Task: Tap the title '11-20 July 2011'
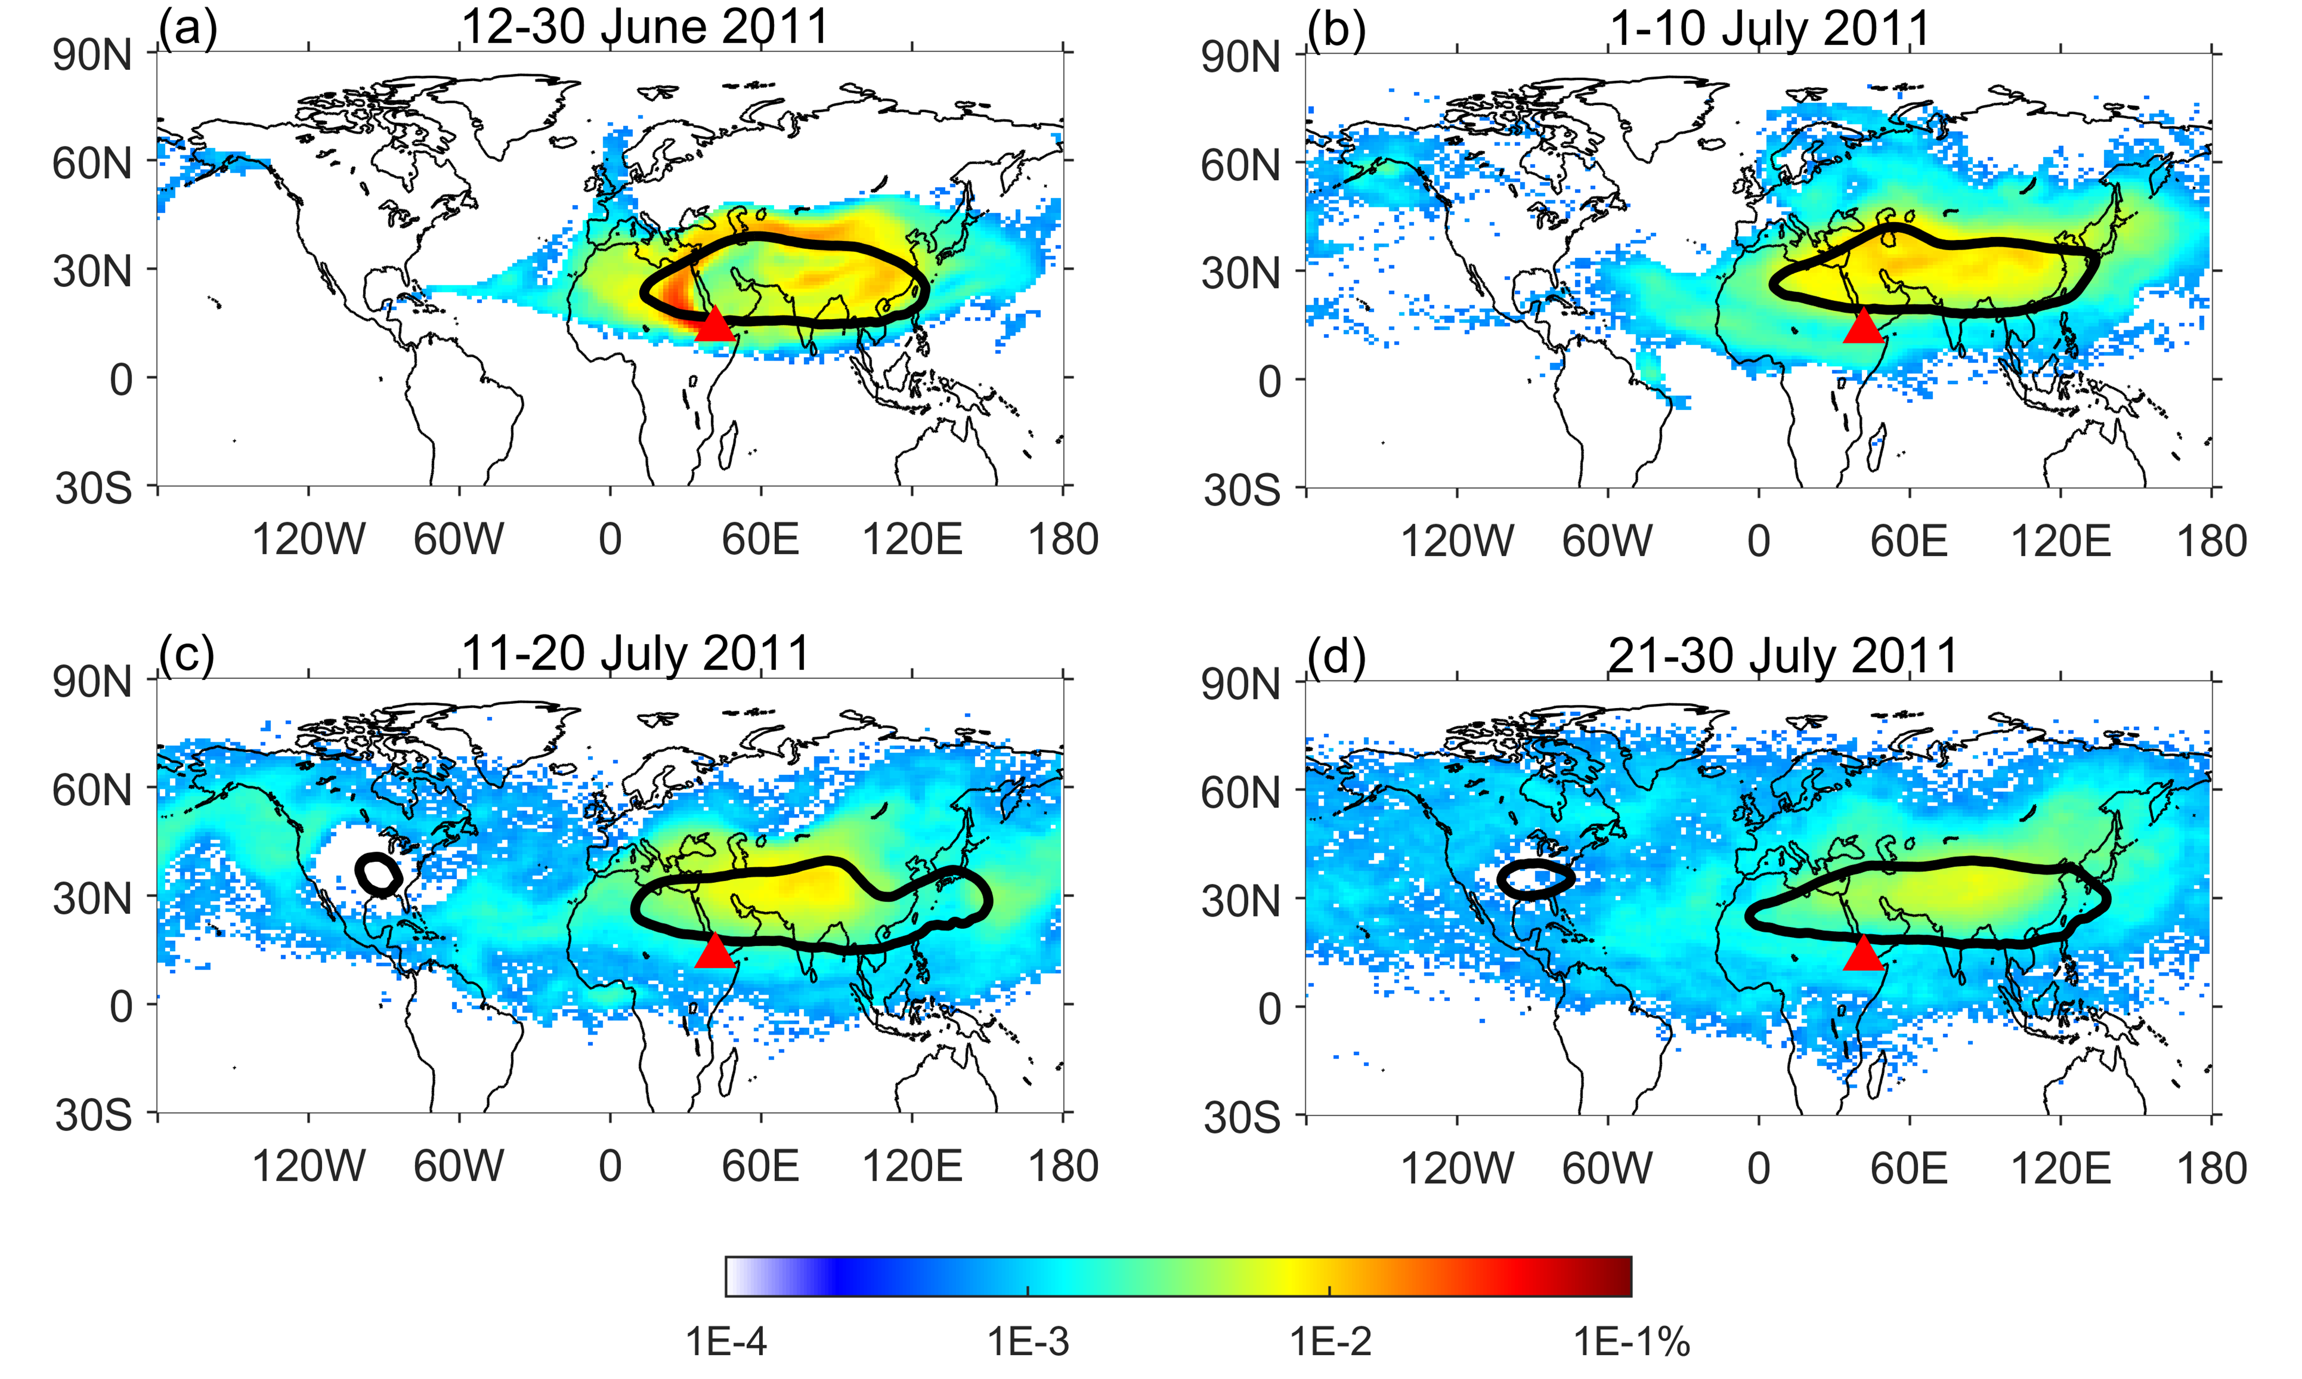pyautogui.click(x=636, y=653)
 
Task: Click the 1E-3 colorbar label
pyautogui.click(x=1028, y=1342)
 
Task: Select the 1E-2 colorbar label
pyautogui.click(x=1329, y=1342)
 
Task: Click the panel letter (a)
pyautogui.click(x=188, y=29)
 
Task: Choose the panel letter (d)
pyautogui.click(x=1336, y=657)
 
